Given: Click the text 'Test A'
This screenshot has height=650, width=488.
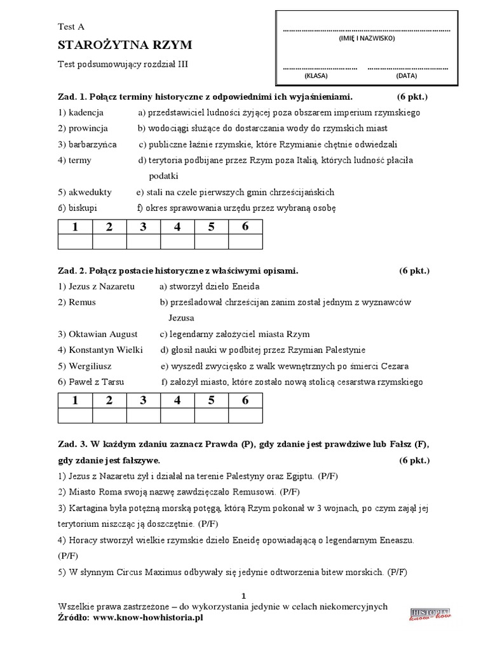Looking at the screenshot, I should [x=71, y=27].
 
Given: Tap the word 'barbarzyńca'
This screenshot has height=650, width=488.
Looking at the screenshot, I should [x=93, y=144].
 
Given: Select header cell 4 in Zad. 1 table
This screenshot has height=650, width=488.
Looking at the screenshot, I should [x=177, y=227].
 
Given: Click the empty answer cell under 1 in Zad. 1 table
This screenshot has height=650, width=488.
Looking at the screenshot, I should [x=75, y=242].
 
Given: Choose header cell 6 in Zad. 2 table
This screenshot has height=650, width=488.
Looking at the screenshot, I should [x=245, y=401].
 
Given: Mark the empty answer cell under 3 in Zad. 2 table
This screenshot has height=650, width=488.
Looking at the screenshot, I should [x=143, y=416].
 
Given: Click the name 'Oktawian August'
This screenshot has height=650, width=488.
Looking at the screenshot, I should [x=102, y=334].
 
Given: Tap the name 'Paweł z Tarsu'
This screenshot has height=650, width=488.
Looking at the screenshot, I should [x=96, y=381].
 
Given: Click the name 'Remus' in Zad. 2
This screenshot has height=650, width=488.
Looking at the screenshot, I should [x=82, y=302].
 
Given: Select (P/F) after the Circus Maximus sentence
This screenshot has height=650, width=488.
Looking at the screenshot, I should [x=396, y=571].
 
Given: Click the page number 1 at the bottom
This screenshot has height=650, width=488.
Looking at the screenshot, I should [x=243, y=595].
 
